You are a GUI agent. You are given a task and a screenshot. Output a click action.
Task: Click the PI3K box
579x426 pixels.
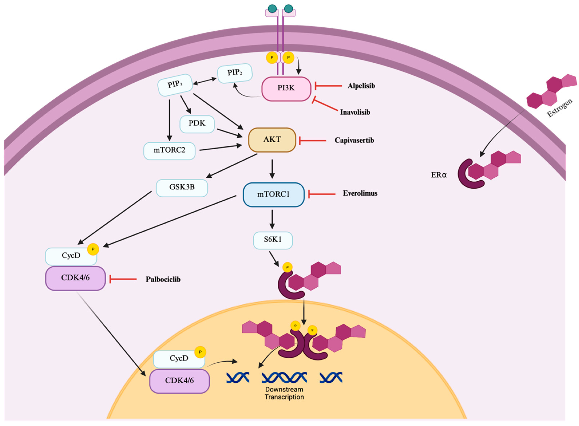coord(286,88)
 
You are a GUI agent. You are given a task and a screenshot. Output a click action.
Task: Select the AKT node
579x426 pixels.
coord(272,140)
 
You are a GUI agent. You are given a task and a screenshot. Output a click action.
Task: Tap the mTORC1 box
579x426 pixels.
coord(273,194)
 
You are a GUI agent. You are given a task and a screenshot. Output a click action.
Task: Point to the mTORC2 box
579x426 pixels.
coord(169,151)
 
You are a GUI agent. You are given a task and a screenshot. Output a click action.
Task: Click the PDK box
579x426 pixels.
coord(197,124)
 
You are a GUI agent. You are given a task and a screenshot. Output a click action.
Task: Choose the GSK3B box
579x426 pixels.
coord(182,188)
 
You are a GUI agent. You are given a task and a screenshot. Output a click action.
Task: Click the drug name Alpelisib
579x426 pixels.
coord(361,86)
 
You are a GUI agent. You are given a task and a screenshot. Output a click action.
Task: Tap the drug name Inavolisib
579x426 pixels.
coord(355,112)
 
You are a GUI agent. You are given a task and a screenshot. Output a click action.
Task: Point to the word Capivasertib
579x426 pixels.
coord(354,140)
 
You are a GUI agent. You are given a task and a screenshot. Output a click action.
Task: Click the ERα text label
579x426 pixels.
coord(439,175)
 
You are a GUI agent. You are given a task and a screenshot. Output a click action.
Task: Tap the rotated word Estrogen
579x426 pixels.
coord(560,108)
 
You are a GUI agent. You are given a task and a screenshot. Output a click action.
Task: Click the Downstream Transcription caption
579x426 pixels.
coord(284,393)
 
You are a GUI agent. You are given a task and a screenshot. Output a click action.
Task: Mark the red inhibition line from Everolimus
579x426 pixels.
coord(322,194)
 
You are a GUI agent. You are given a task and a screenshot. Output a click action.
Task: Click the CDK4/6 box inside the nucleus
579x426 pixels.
coord(179,381)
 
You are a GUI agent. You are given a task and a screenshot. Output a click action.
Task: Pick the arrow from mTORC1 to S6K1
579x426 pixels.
coord(272,219)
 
